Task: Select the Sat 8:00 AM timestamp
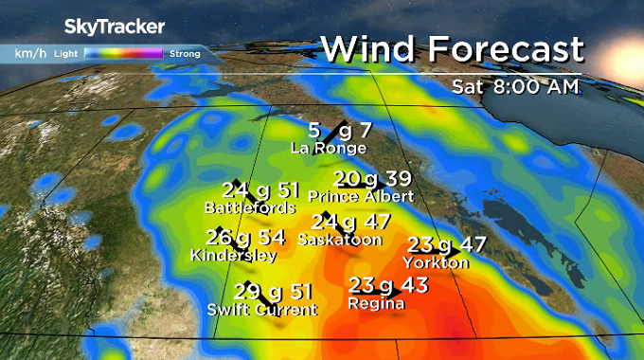coord(515,87)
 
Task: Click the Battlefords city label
coord(250,207)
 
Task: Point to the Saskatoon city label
coord(339,241)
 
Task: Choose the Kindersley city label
coord(233,256)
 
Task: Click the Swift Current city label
coord(261,310)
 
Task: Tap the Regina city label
coord(377,304)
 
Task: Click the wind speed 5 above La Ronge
coord(314,131)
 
